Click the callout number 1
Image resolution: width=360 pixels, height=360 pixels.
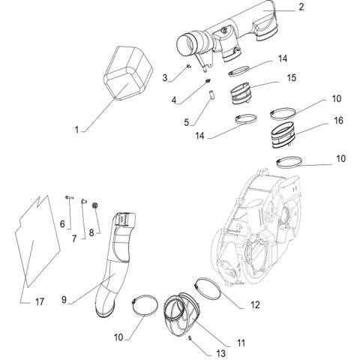click(x=78, y=130)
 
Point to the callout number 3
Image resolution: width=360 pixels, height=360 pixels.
click(x=164, y=77)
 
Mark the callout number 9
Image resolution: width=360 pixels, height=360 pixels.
click(x=65, y=300)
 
